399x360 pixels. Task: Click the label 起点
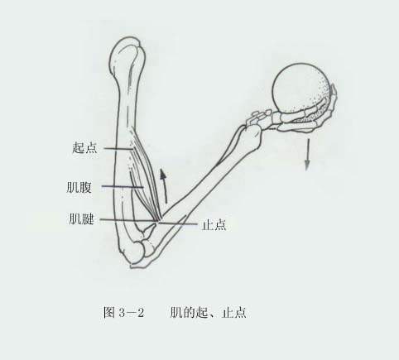tap(84, 147)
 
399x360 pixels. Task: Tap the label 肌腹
tap(79, 187)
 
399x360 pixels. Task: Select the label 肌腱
tap(82, 218)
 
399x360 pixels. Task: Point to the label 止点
tap(214, 224)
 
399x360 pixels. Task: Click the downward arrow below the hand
tap(307, 155)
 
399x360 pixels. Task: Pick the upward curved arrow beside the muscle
tap(164, 186)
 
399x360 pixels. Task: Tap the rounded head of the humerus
tap(127, 55)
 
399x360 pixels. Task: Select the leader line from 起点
tap(118, 148)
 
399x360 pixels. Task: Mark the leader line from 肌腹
tap(123, 187)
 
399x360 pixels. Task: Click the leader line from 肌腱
tap(128, 220)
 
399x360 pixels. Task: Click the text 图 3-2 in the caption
tap(123, 313)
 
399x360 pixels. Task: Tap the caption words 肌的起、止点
tap(208, 313)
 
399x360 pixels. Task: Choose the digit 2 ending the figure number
tap(141, 313)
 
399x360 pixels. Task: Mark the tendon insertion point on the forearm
tap(159, 221)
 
